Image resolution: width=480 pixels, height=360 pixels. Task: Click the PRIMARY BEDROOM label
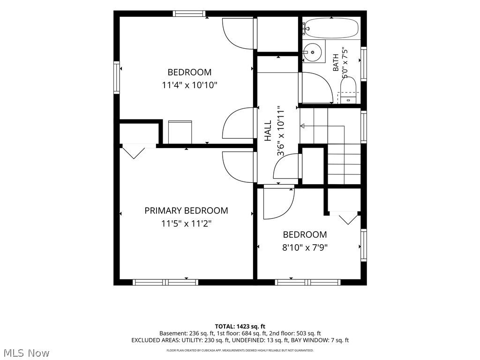coord(186,210)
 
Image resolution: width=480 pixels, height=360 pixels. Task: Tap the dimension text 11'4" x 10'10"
coord(189,85)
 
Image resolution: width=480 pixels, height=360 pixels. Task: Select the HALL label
coord(268,130)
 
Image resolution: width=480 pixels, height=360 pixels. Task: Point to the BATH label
coord(336,62)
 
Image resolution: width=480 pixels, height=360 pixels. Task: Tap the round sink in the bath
coord(313,52)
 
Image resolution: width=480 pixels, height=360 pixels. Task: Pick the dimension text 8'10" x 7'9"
coord(305,247)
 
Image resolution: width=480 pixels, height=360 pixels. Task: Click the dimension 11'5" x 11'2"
coord(187,224)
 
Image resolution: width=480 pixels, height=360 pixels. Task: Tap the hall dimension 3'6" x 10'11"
coord(281,131)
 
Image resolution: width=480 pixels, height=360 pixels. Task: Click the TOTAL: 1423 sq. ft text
coord(240,326)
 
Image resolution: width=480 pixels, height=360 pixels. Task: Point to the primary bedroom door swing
coord(239,167)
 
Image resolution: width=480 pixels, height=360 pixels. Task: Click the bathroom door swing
coord(316,88)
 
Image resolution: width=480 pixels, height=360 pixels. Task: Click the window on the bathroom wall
coord(364,64)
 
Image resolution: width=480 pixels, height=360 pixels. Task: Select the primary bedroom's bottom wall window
coord(165,282)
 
